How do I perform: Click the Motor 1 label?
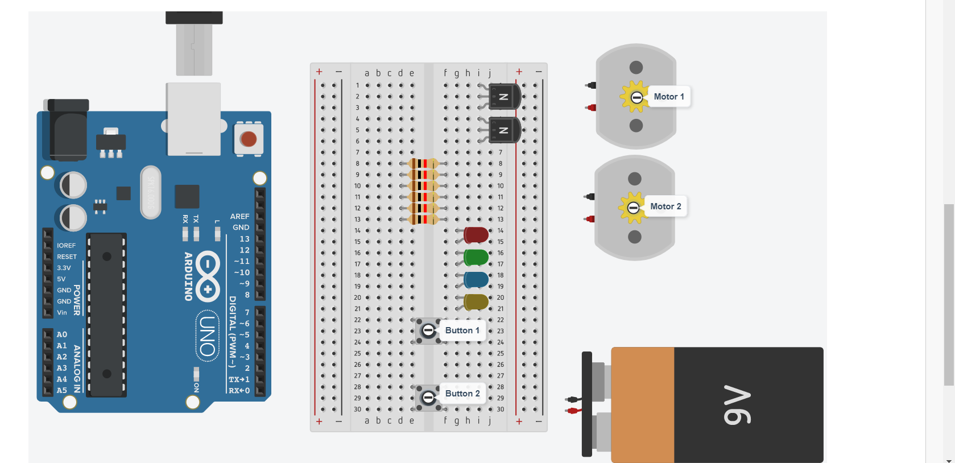point(668,97)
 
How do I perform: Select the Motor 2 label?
point(665,206)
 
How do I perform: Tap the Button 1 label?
point(462,330)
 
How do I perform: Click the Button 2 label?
point(462,394)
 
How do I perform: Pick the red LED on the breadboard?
point(476,234)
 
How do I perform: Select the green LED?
point(476,257)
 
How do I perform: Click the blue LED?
point(476,279)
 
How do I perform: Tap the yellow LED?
point(476,301)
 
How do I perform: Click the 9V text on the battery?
point(737,405)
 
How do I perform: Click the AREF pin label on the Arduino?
point(239,217)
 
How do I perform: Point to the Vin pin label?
point(62,312)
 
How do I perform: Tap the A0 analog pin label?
point(62,334)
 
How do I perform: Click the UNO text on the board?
point(208,336)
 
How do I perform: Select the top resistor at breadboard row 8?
point(423,164)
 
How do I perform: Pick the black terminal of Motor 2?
point(590,197)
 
